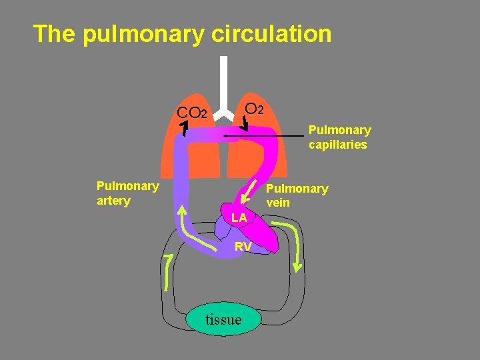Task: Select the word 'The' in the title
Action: pyautogui.click(x=55, y=33)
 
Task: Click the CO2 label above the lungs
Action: pyautogui.click(x=193, y=112)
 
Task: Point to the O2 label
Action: pyautogui.click(x=254, y=108)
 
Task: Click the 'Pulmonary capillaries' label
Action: pyautogui.click(x=339, y=137)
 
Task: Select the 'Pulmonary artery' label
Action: pyautogui.click(x=127, y=193)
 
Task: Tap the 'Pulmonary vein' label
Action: pyautogui.click(x=297, y=195)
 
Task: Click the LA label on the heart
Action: pyautogui.click(x=239, y=218)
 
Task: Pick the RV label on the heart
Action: pyautogui.click(x=243, y=247)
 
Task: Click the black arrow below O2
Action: pyautogui.click(x=246, y=124)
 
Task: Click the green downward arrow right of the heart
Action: pyautogui.click(x=294, y=247)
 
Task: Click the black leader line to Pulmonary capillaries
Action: pyautogui.click(x=267, y=136)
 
